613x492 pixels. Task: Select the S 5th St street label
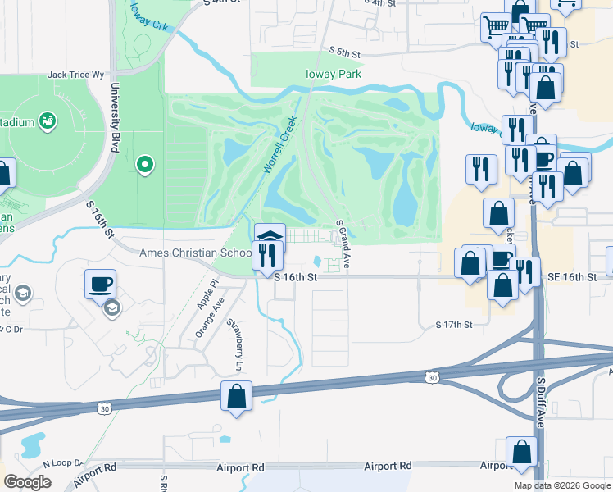pyautogui.click(x=345, y=53)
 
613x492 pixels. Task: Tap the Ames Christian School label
pyautogui.click(x=196, y=253)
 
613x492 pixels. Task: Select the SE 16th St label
pyautogui.click(x=574, y=278)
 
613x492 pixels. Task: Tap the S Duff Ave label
pyautogui.click(x=540, y=403)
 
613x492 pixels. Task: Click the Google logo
pyautogui.click(x=27, y=482)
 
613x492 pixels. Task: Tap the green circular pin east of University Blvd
pyautogui.click(x=145, y=165)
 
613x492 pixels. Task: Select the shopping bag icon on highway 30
pyautogui.click(x=236, y=395)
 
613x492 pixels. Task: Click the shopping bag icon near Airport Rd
pyautogui.click(x=522, y=452)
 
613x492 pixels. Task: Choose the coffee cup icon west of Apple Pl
pyautogui.click(x=101, y=284)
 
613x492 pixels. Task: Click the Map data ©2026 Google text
pyautogui.click(x=562, y=485)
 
